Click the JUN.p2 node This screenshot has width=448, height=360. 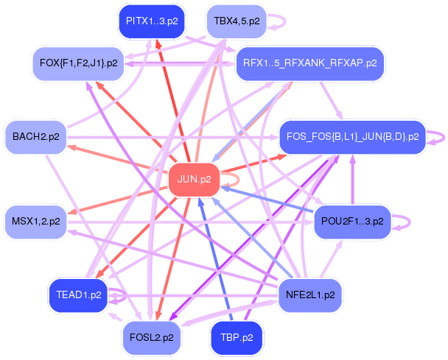195,179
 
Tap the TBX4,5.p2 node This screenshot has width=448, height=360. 236,21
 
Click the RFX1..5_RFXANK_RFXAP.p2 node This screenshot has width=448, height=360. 309,63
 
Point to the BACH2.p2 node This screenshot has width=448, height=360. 36,136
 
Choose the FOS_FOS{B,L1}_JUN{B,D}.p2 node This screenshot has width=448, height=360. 352,136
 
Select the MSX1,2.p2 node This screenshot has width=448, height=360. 36,220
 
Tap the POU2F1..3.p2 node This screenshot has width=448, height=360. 352,220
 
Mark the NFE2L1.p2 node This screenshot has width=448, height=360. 309,294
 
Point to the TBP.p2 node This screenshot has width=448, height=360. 236,336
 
